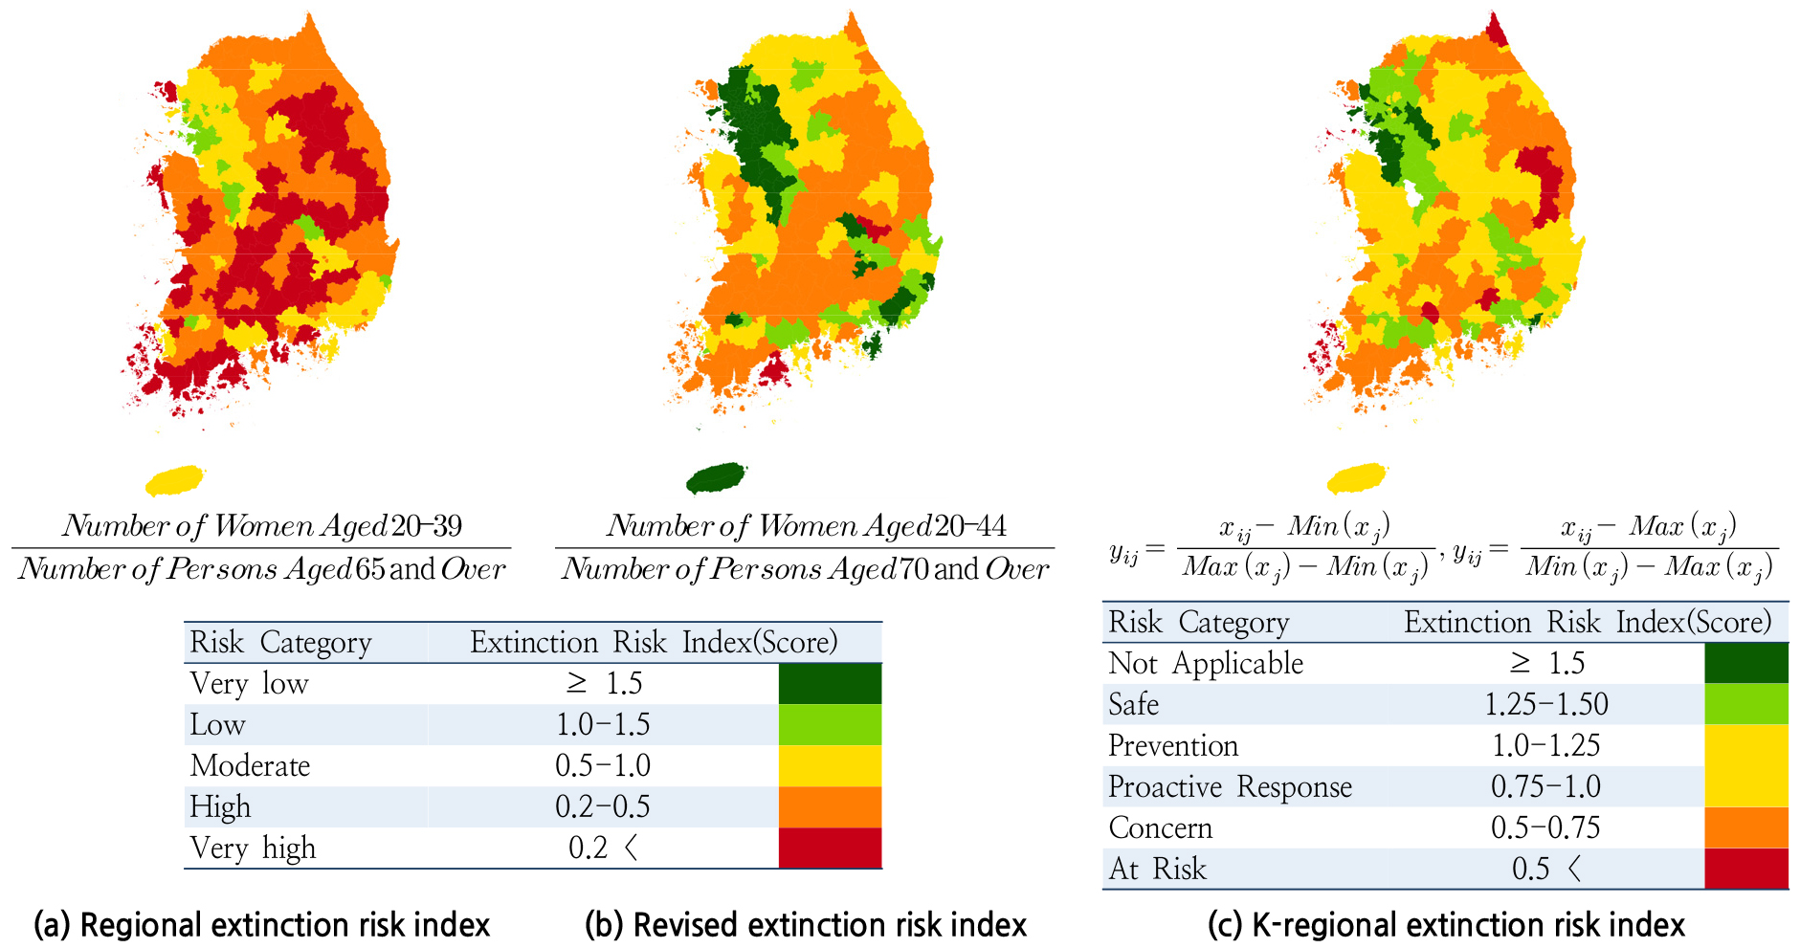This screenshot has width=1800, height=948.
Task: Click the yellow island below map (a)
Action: click(175, 479)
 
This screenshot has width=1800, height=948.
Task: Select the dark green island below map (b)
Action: click(716, 477)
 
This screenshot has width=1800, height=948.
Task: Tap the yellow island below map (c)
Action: click(1357, 478)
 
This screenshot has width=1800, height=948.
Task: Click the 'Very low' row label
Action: click(249, 683)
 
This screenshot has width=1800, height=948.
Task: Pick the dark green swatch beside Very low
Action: click(830, 684)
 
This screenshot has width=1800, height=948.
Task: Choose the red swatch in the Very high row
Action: click(830, 848)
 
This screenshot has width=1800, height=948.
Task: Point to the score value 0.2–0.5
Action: click(603, 806)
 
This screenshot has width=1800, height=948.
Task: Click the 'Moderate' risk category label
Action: click(250, 765)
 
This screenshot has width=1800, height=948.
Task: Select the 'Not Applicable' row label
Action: click(1206, 663)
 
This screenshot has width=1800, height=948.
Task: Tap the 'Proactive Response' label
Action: click(1230, 786)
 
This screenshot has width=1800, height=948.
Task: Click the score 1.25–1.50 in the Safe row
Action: click(1545, 704)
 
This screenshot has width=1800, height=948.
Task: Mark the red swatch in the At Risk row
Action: click(1746, 869)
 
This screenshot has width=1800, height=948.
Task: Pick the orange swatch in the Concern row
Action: click(1746, 827)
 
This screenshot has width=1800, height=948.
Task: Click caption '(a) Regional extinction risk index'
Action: click(261, 925)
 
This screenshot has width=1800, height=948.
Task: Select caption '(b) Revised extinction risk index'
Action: click(806, 925)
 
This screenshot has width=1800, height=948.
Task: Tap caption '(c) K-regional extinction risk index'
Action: click(1446, 925)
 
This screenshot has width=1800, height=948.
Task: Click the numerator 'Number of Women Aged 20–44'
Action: click(806, 525)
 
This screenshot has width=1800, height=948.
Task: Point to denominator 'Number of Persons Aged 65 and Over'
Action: click(261, 569)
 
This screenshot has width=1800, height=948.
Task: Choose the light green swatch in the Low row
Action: click(830, 725)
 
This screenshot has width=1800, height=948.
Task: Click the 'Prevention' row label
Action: click(1173, 745)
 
